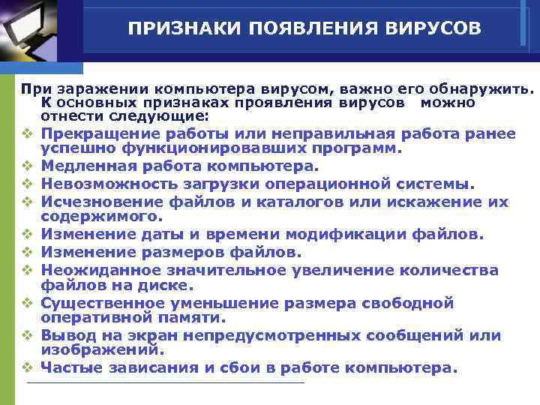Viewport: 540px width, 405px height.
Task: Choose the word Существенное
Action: pyautogui.click(x=100, y=303)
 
